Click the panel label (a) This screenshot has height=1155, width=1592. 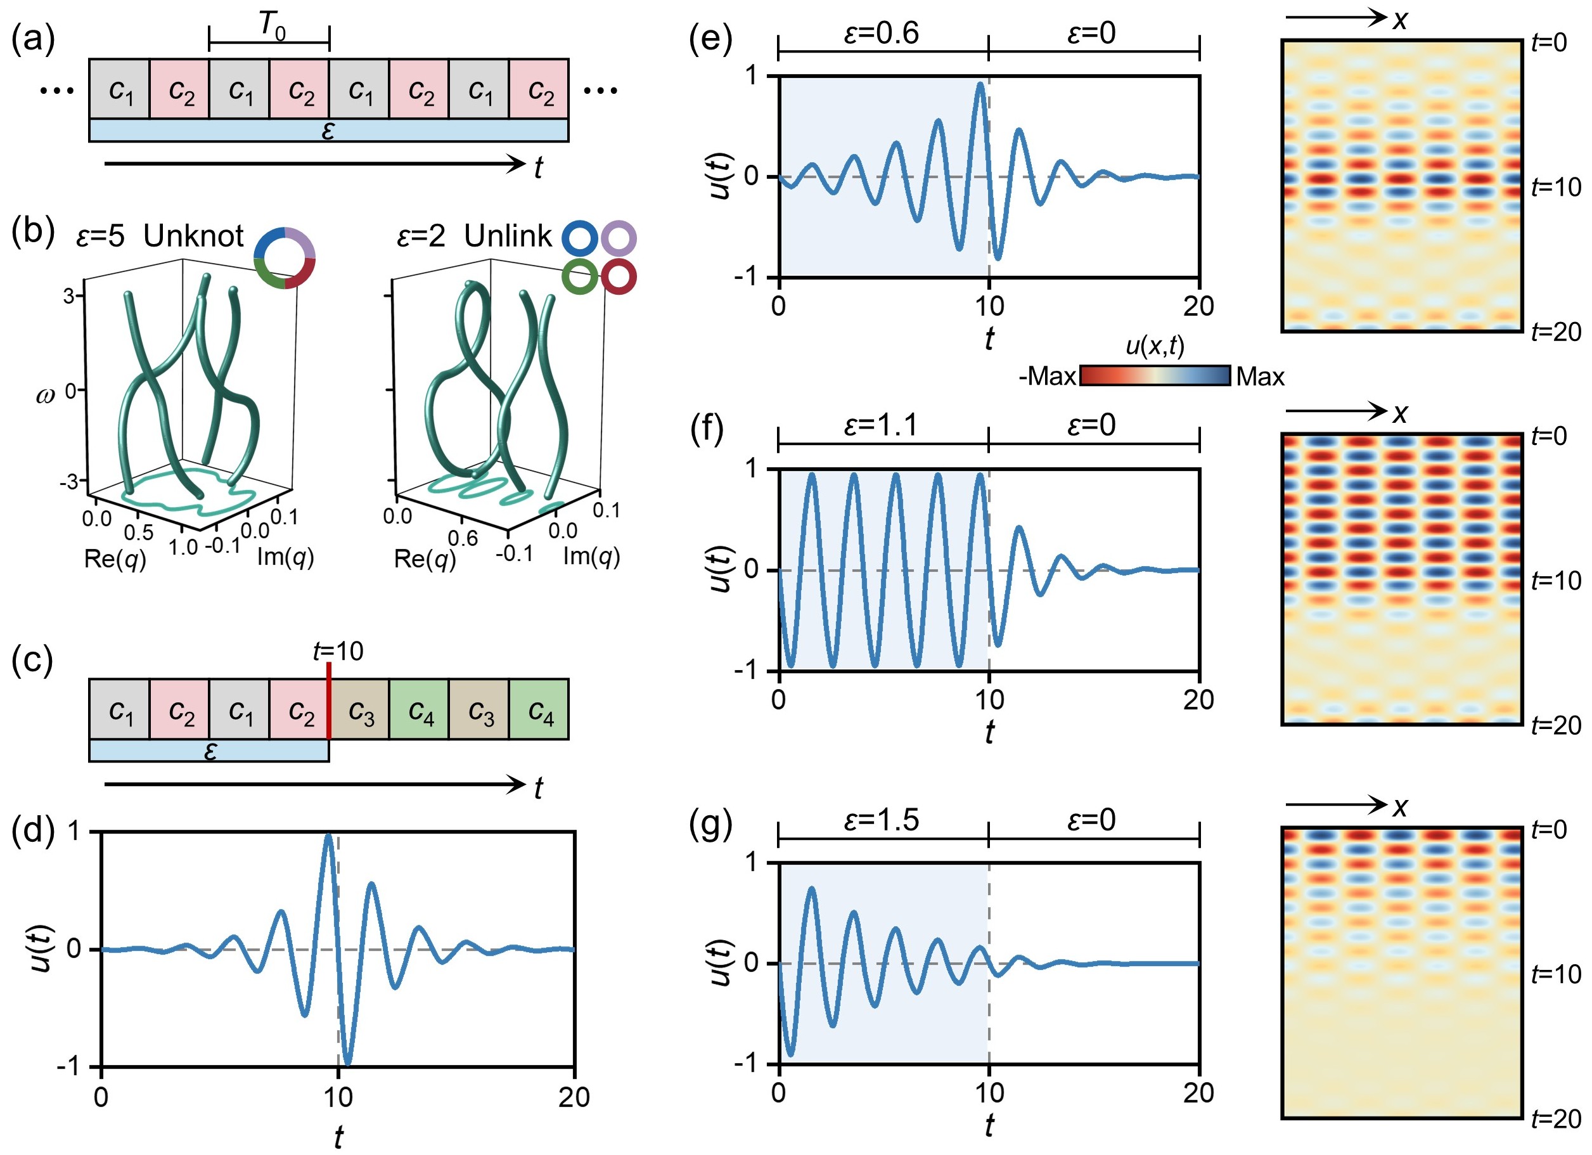33,39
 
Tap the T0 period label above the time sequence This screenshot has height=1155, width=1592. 273,26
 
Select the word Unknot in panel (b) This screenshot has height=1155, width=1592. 193,236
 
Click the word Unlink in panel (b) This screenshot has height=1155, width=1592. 508,236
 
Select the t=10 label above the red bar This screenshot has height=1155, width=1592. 338,651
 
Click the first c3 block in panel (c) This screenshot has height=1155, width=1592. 359,709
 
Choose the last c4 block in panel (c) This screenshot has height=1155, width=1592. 539,709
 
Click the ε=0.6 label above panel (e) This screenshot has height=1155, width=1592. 881,33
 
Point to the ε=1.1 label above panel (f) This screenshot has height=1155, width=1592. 881,425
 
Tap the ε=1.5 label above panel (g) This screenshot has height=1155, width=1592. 881,820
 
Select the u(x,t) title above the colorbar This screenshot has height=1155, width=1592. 1155,345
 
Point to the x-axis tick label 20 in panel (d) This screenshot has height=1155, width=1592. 574,1097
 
